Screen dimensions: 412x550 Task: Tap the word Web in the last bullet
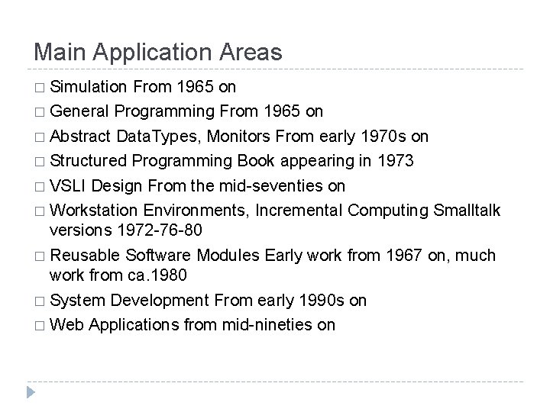(x=67, y=324)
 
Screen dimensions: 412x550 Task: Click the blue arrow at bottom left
(x=31, y=394)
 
